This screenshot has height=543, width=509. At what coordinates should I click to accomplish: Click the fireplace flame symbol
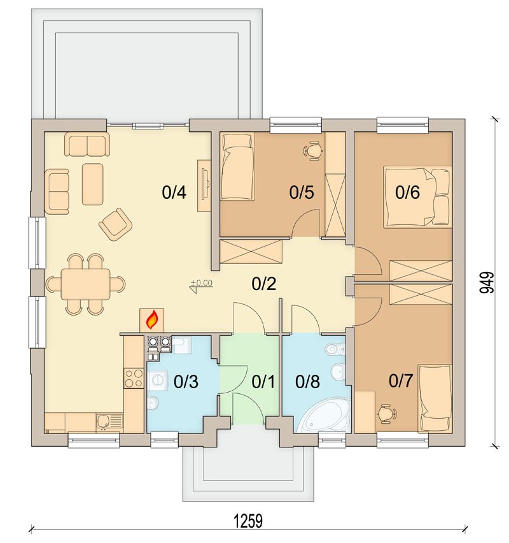[x=153, y=320]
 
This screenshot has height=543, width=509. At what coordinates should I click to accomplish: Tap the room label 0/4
[x=174, y=192]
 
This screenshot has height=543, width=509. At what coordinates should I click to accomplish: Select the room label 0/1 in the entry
[x=263, y=382]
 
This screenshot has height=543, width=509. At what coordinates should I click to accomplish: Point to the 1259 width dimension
[x=248, y=521]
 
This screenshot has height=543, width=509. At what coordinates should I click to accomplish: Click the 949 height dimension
[x=487, y=282]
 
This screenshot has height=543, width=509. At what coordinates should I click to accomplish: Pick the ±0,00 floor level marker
[x=201, y=286]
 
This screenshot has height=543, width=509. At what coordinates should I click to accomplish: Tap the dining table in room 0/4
[x=85, y=284]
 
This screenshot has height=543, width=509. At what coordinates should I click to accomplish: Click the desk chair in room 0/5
[x=314, y=150]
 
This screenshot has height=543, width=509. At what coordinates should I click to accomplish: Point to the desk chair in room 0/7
[x=387, y=414]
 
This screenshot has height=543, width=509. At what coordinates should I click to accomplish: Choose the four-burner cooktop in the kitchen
[x=134, y=378]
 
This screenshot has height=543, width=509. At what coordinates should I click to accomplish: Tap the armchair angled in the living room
[x=116, y=224]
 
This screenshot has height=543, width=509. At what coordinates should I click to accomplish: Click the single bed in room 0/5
[x=237, y=167]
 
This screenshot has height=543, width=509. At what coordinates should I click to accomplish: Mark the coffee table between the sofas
[x=93, y=184]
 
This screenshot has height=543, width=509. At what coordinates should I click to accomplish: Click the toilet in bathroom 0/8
[x=335, y=349]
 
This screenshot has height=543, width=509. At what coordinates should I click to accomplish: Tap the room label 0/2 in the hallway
[x=264, y=284]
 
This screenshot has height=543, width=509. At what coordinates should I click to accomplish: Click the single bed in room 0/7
[x=435, y=398]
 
